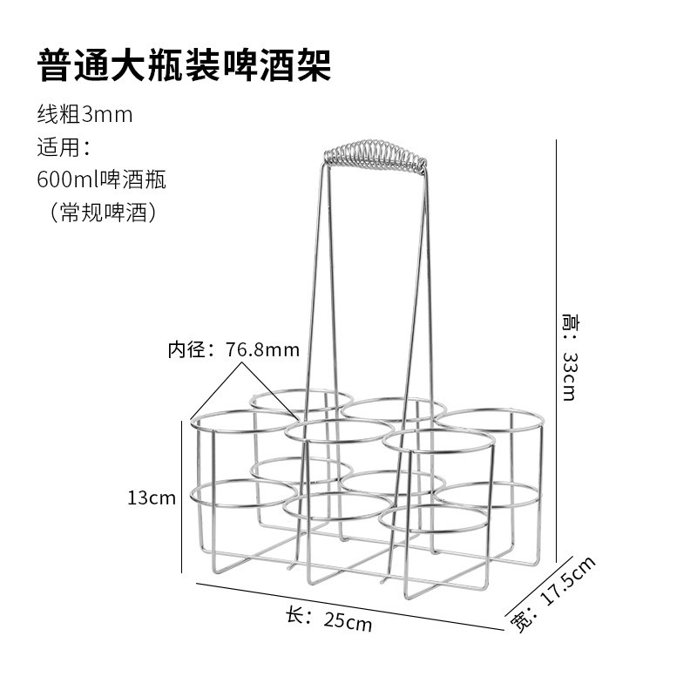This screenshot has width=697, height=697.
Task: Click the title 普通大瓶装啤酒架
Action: click(184, 65)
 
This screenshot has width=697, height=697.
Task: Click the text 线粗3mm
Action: click(85, 114)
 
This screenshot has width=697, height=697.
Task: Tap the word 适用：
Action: click(64, 146)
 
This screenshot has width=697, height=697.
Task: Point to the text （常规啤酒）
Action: click(101, 212)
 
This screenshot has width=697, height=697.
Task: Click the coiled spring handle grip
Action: click(376, 154)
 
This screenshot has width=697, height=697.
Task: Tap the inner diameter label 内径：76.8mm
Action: click(233, 350)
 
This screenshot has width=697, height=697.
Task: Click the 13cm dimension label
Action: click(151, 498)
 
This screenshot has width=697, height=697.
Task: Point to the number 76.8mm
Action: click(262, 350)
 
